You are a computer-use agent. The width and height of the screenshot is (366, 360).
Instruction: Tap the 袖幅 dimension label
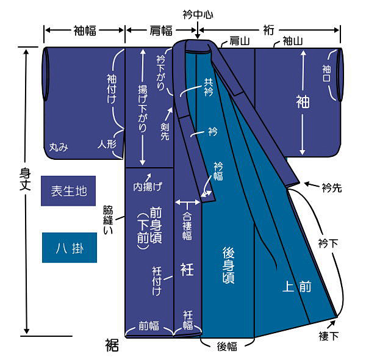pyautogui.click(x=84, y=29)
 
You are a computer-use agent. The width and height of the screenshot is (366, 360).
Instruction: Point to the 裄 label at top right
pyautogui.click(x=268, y=29)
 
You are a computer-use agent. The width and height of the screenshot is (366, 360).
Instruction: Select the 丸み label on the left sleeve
pyautogui.click(x=58, y=146)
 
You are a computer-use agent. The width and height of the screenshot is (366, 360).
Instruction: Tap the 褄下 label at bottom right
pyautogui.click(x=328, y=336)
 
